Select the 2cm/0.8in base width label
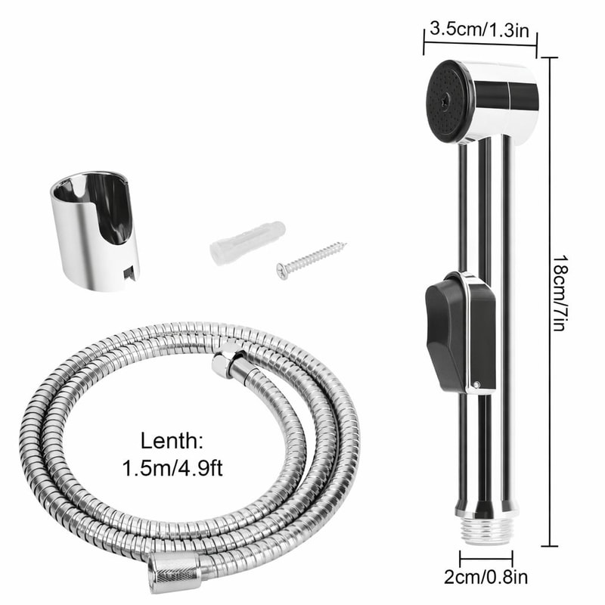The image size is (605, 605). point(486,579)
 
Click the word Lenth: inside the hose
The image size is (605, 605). point(171,440)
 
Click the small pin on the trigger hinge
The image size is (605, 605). point(479,386)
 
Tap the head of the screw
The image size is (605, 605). point(282,270)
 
